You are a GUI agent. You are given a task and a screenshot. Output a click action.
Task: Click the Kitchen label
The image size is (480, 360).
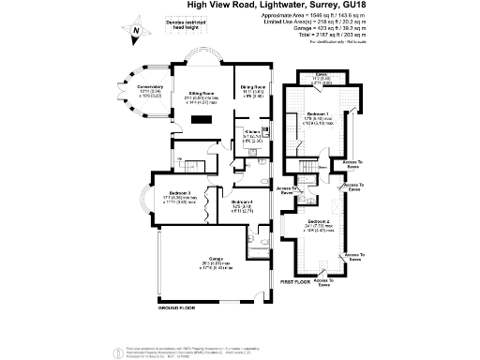[250, 135]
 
